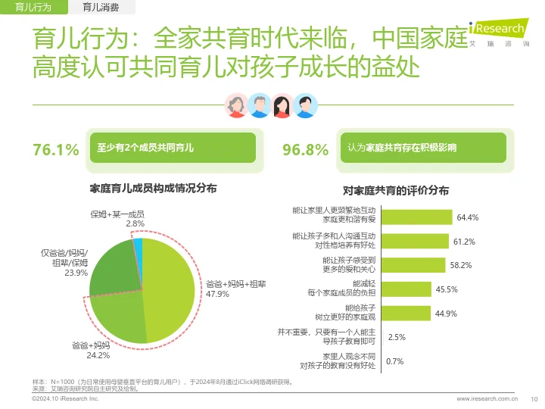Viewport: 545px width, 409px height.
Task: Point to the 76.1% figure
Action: pyautogui.click(x=55, y=149)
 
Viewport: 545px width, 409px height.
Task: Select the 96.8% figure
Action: pyautogui.click(x=304, y=149)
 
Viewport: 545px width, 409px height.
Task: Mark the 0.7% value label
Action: pyautogui.click(x=394, y=361)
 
